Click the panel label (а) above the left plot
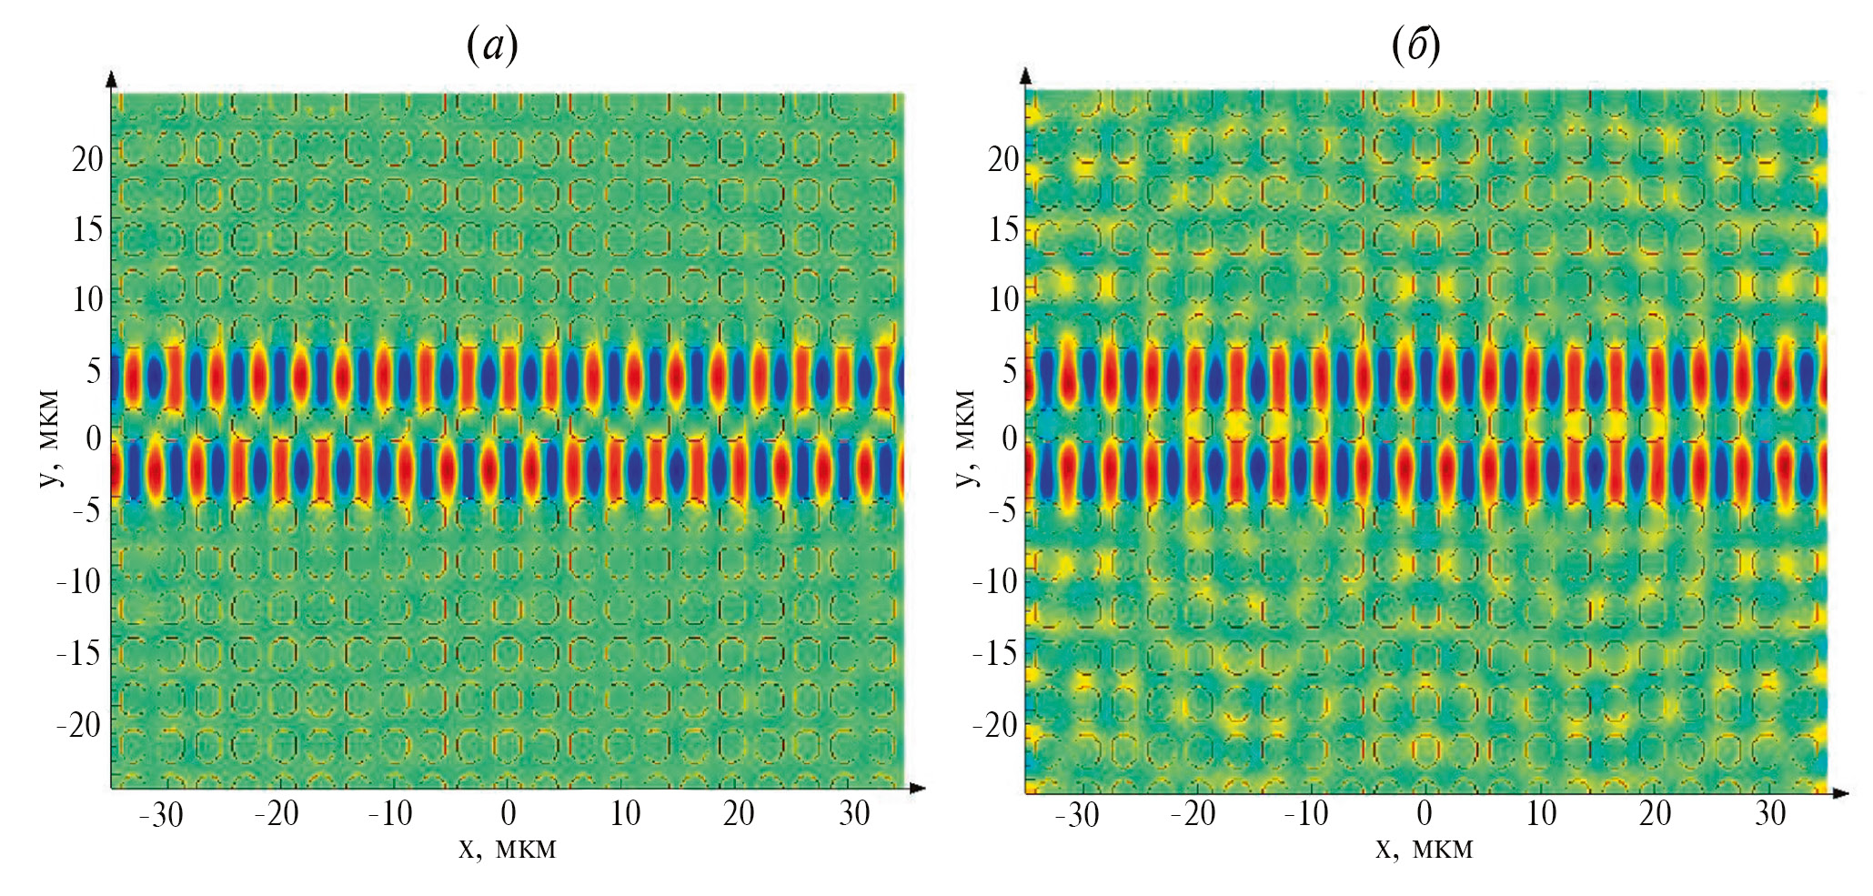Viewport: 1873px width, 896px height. pyautogui.click(x=492, y=45)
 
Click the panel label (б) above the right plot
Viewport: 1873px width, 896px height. pyautogui.click(x=1415, y=45)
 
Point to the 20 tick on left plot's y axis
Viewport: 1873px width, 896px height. pyautogui.click(x=88, y=159)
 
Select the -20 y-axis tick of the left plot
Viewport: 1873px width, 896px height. pyautogui.click(x=78, y=725)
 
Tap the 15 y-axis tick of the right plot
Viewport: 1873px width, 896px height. pyautogui.click(x=1004, y=229)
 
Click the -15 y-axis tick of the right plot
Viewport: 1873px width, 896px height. pyautogui.click(x=995, y=653)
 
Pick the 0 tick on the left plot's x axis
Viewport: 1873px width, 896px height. pyautogui.click(x=509, y=812)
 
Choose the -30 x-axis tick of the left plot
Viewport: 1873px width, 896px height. pyautogui.click(x=161, y=814)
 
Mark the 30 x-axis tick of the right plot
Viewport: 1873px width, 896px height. pyautogui.click(x=1770, y=813)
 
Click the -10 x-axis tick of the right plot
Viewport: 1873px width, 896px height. pyautogui.click(x=1306, y=813)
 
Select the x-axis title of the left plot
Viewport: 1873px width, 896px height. pyautogui.click(x=507, y=849)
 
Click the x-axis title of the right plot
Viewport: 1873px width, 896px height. pyautogui.click(x=1424, y=849)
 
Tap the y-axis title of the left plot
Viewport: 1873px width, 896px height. pyautogui.click(x=51, y=438)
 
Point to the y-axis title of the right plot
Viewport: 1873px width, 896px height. pyautogui.click(x=967, y=438)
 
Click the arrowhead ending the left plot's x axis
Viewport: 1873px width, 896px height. pyautogui.click(x=918, y=788)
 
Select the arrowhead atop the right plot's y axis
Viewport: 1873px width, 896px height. pyautogui.click(x=1026, y=75)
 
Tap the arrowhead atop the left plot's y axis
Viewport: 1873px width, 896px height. pyautogui.click(x=112, y=78)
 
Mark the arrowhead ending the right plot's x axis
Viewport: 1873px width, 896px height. pyautogui.click(x=1841, y=793)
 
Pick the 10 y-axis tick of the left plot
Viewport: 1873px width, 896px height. pyautogui.click(x=88, y=299)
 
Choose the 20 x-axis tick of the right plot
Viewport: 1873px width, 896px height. pyautogui.click(x=1655, y=813)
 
